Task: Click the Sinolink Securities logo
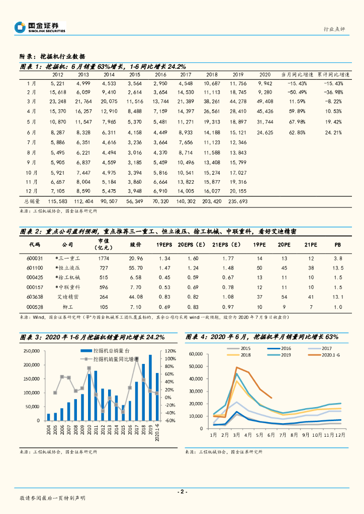tap(40, 27)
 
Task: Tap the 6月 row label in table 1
tap(31, 133)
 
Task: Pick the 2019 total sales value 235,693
tap(237, 201)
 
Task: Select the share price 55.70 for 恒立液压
tap(136, 268)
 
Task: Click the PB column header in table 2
tap(337, 245)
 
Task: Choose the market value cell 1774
tap(104, 258)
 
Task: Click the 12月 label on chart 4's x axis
tap(341, 435)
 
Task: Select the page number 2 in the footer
tap(182, 491)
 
